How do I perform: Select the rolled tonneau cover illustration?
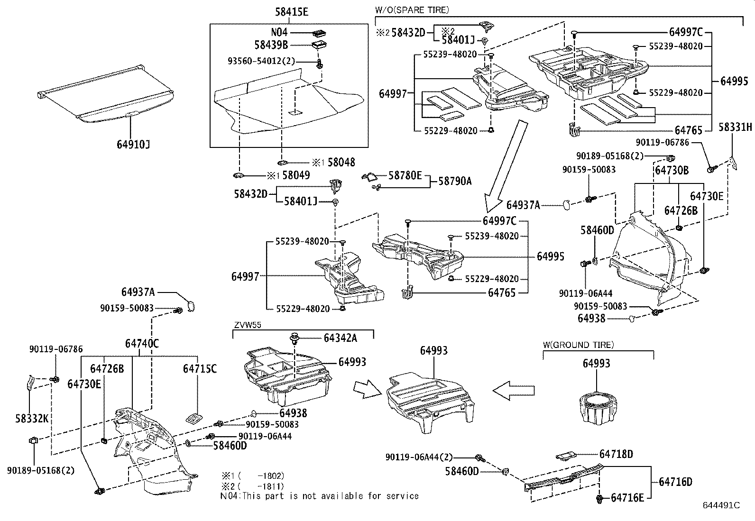pyautogui.click(x=105, y=93)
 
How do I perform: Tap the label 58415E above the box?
pyautogui.click(x=291, y=12)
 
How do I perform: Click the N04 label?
pyautogui.click(x=279, y=33)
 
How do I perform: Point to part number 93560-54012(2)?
pyautogui.click(x=261, y=61)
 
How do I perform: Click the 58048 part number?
pyautogui.click(x=341, y=162)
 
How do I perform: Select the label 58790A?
pyautogui.click(x=455, y=181)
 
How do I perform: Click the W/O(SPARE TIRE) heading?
pyautogui.click(x=412, y=9)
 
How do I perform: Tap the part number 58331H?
pyautogui.click(x=735, y=127)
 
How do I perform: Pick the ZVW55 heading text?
pyautogui.click(x=248, y=325)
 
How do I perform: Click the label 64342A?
pyautogui.click(x=340, y=338)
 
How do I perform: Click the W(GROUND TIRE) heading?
pyautogui.click(x=578, y=345)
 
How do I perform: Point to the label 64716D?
pyautogui.click(x=675, y=482)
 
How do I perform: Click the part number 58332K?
pyautogui.click(x=31, y=419)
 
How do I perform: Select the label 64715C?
pyautogui.click(x=200, y=368)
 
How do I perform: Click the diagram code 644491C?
pyautogui.click(x=721, y=505)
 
